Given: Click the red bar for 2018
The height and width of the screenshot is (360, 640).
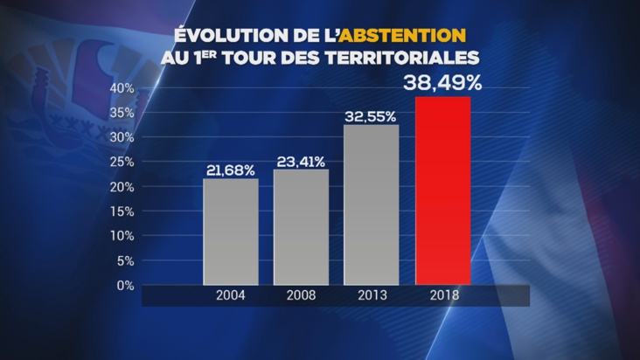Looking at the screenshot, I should coord(442,190).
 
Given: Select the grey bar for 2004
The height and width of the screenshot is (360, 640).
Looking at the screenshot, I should coord(231,232).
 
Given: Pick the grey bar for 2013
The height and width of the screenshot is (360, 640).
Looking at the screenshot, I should coord(371,204).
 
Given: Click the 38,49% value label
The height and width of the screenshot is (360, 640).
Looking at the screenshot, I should coord(442,85).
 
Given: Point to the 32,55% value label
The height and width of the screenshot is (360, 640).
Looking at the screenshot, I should coord(371,115).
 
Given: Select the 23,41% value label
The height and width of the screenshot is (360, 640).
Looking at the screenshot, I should coord(301,161).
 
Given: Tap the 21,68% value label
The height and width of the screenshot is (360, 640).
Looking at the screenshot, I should coord(231,170).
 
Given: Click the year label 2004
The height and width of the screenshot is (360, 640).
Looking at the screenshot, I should coord(231,295).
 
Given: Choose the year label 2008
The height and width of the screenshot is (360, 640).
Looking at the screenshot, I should coord(301,295).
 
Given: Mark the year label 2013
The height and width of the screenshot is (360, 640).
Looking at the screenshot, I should coord(371,295).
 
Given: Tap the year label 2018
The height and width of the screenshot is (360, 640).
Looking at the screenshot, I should coord(442,295).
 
